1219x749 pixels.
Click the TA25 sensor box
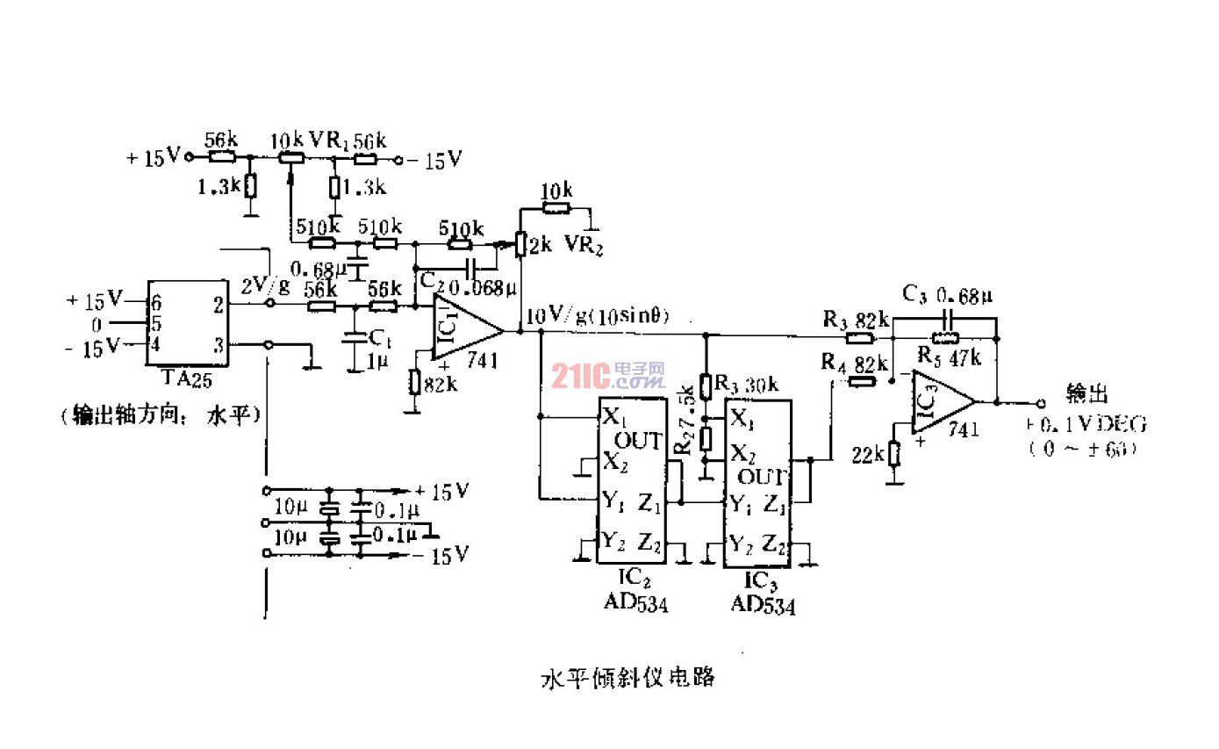pyautogui.click(x=186, y=324)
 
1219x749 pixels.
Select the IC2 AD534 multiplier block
pyautogui.click(x=630, y=480)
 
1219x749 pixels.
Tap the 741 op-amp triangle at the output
pyautogui.click(x=941, y=401)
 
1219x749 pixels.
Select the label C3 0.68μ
pyautogui.click(x=952, y=293)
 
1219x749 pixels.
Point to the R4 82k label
pyautogui.click(x=855, y=362)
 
